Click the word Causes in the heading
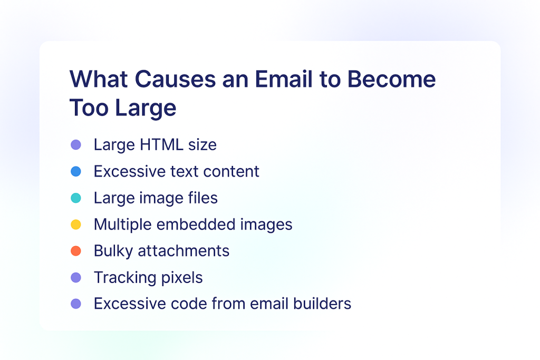coord(175,79)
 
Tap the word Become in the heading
coord(392,79)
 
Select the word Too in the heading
coord(89,108)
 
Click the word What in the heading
coord(99,79)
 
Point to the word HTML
coord(161,144)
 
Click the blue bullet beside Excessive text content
coord(76,171)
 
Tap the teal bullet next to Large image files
coord(76,198)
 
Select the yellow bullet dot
coord(76,225)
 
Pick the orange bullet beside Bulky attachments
coord(76,251)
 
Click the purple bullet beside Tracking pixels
coord(76,277)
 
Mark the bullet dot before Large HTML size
coord(76,144)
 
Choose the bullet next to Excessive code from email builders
coord(76,304)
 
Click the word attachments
coord(184,251)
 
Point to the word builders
coord(322,304)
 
